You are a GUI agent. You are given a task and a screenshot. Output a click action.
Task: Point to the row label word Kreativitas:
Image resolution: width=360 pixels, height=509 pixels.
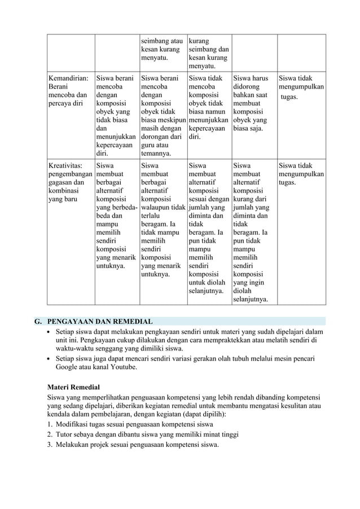tap(65, 165)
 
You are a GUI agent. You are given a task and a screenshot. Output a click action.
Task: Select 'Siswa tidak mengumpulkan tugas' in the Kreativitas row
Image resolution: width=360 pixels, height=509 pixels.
tap(301, 174)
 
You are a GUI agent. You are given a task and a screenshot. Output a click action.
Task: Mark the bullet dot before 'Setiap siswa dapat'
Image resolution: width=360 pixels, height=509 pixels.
tap(50, 332)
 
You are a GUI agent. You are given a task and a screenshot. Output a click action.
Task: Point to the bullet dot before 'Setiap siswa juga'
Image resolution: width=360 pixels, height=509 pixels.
tap(50, 358)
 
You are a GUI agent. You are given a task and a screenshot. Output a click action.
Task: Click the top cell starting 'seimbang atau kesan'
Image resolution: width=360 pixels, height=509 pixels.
tap(163, 49)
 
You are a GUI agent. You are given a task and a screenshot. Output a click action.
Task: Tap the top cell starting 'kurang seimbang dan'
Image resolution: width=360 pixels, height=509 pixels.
tap(209, 54)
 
